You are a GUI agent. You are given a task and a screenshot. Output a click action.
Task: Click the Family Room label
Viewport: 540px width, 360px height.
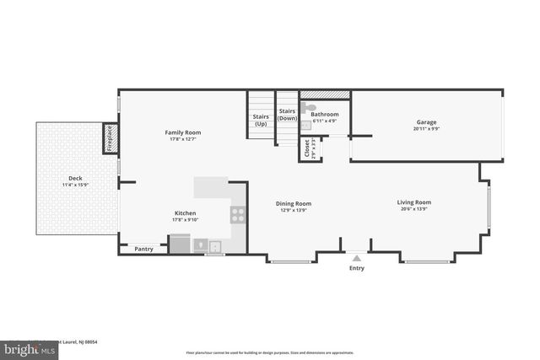pos(182,132)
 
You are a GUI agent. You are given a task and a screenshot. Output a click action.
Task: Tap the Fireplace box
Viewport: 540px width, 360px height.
pos(109,138)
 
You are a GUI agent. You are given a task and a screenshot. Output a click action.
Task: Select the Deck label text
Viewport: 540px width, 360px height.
pos(75,178)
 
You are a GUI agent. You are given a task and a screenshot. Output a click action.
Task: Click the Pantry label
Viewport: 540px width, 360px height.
pos(143,249)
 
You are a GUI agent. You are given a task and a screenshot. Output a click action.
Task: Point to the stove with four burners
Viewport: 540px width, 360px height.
pos(238,215)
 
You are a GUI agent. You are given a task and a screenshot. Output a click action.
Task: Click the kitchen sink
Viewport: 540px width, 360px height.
pos(215,246)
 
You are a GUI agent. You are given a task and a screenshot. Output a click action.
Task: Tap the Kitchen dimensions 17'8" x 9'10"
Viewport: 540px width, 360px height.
pos(186,220)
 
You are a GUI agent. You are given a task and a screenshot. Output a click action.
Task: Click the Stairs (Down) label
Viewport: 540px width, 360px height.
pos(287,115)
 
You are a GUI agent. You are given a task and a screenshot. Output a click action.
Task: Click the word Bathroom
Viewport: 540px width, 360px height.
pos(325,115)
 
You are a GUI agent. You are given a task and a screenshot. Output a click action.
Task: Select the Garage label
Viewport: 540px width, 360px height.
pos(426,122)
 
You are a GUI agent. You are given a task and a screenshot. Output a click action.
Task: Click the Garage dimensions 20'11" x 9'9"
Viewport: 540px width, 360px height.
pos(426,129)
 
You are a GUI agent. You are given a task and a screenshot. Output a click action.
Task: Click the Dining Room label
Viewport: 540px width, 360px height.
pos(294,203)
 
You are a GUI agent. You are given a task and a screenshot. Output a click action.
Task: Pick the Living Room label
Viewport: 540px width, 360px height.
pos(414,201)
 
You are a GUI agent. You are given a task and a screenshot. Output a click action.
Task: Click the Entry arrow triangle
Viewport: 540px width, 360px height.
pos(356,258)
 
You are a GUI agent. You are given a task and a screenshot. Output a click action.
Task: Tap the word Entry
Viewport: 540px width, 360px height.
pos(357,268)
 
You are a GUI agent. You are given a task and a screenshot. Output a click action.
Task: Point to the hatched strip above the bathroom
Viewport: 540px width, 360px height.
pos(325,94)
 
